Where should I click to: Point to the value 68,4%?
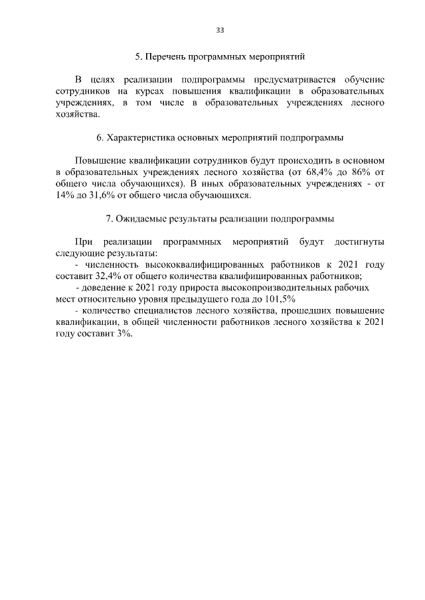coord(300,171)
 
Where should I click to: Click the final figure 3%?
coord(123,334)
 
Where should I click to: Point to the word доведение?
coord(105,288)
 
